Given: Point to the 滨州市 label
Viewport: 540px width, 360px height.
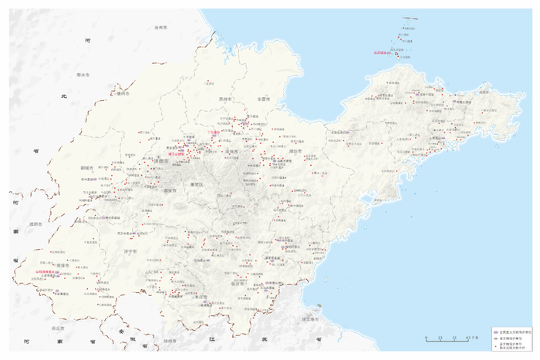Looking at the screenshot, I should [x=225, y=99].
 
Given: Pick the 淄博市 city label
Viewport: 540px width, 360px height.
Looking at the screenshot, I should [x=232, y=152].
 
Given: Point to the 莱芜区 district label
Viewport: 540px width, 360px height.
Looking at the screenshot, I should [x=199, y=185].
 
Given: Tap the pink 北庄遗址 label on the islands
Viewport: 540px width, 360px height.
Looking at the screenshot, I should [x=383, y=52].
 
